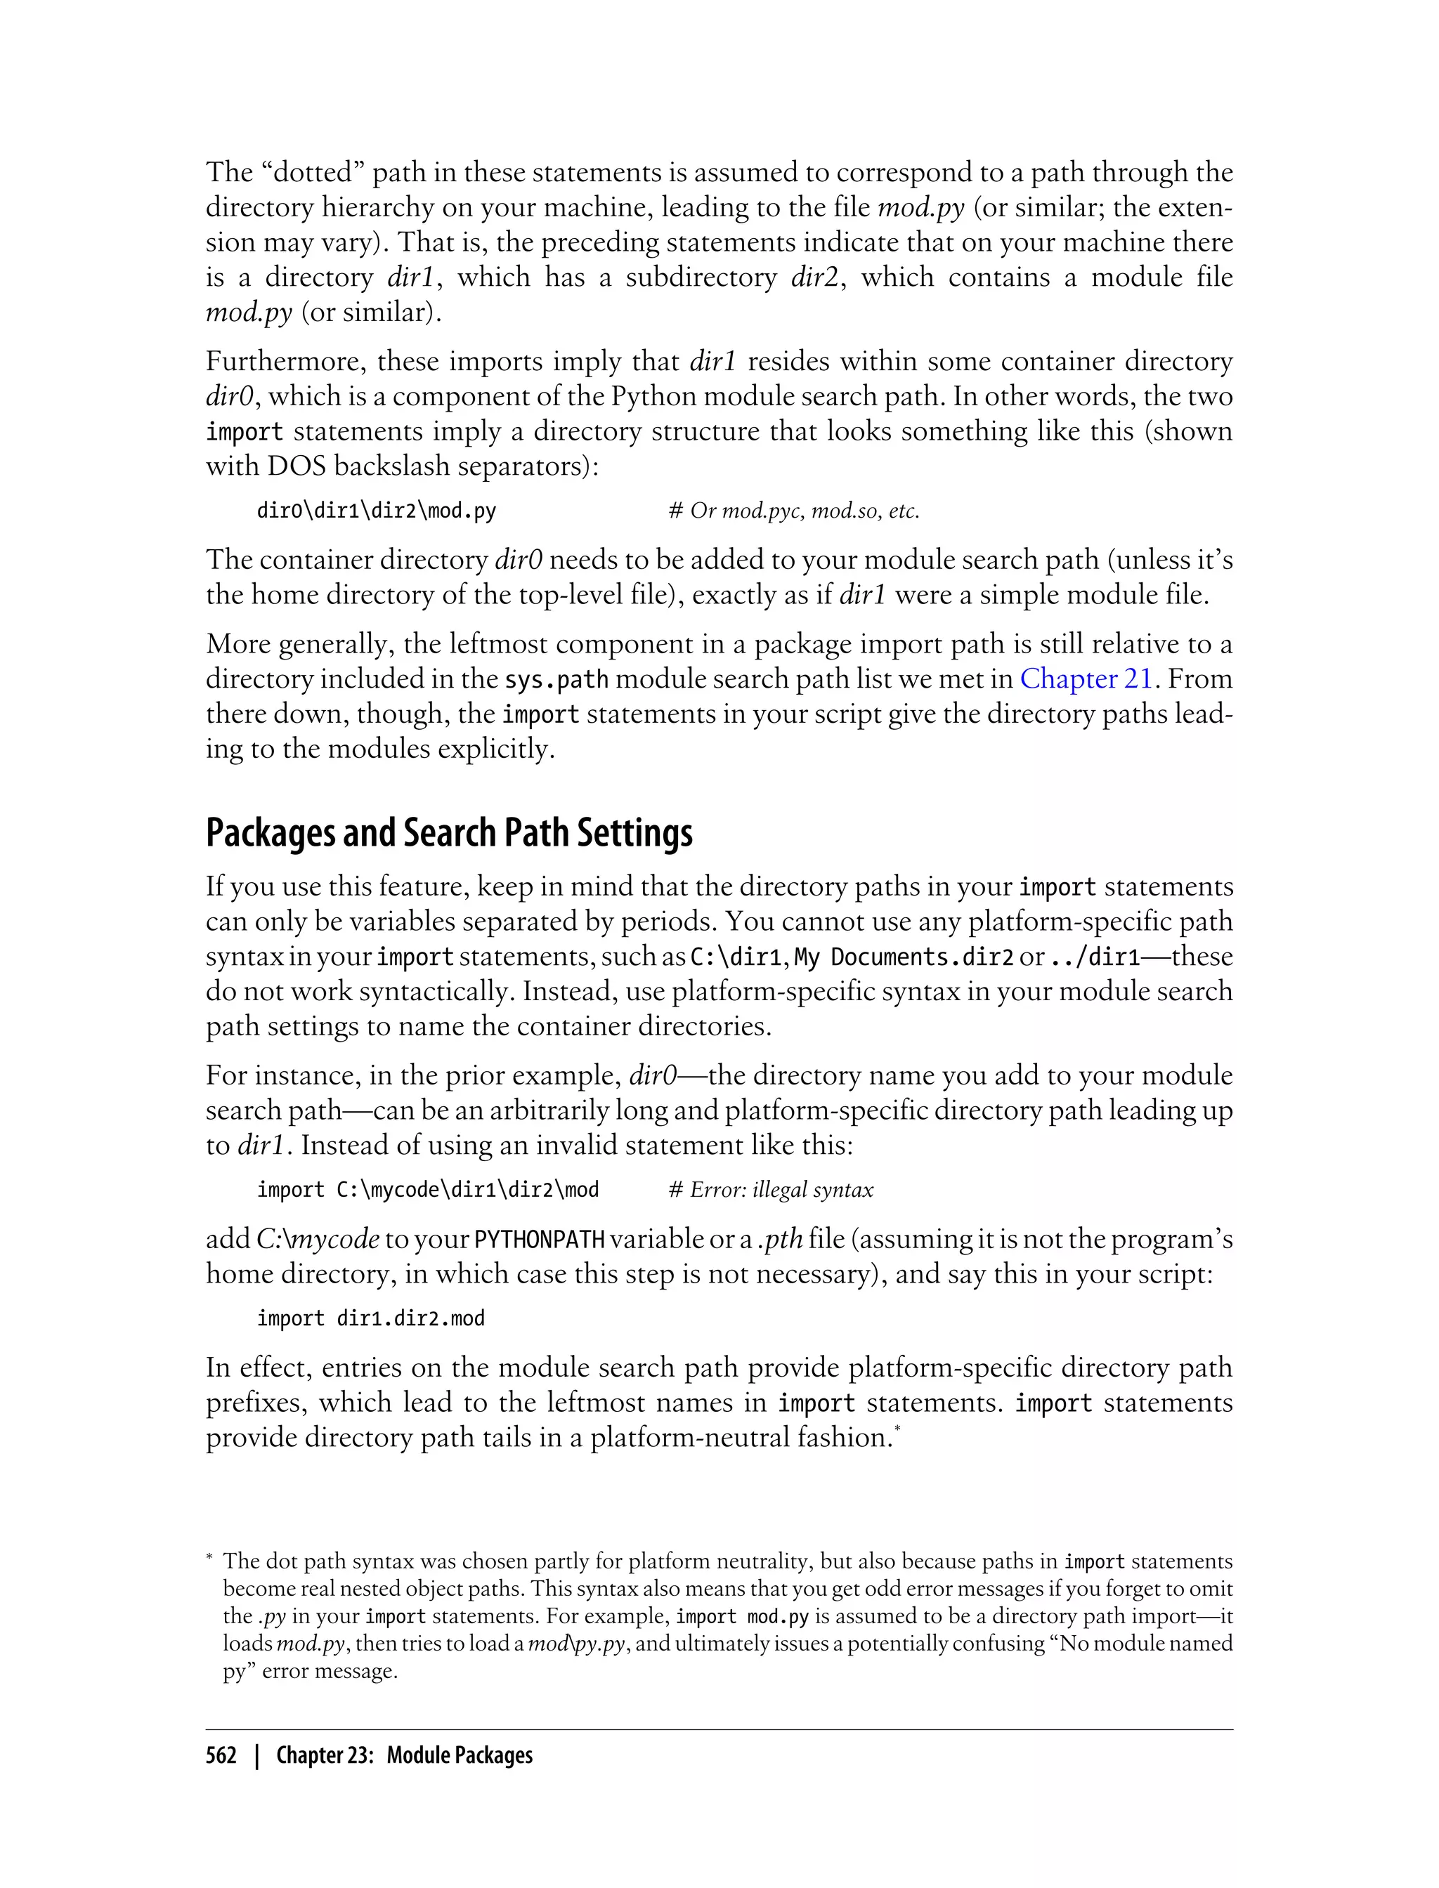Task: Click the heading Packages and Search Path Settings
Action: (449, 832)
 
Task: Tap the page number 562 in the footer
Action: (221, 1756)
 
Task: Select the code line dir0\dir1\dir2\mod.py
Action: (376, 511)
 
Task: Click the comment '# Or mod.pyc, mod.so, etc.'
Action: (793, 511)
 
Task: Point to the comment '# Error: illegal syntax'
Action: (770, 1189)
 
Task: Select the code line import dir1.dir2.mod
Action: (370, 1318)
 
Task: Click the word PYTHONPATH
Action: (540, 1239)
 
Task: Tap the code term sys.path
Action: (556, 680)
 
